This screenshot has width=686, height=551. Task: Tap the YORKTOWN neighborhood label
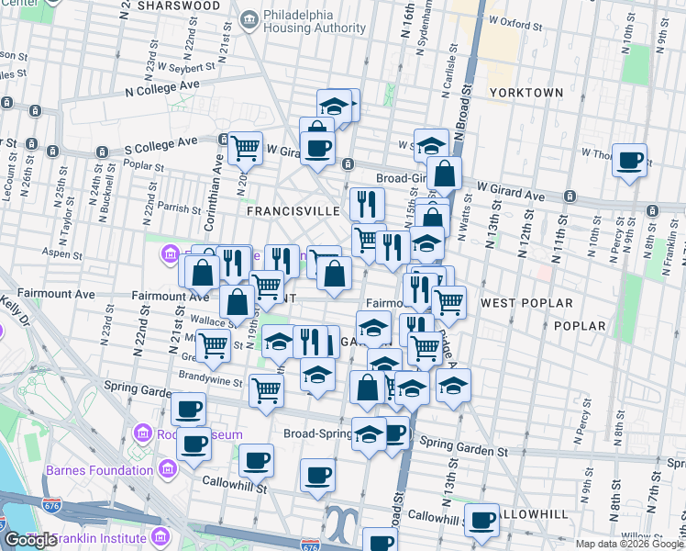pyautogui.click(x=526, y=93)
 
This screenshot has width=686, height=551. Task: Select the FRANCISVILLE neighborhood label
pyautogui.click(x=293, y=210)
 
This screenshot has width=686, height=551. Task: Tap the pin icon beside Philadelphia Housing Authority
pyautogui.click(x=248, y=20)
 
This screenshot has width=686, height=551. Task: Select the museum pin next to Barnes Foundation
pyautogui.click(x=167, y=470)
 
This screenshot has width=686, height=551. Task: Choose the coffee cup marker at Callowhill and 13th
pyautogui.click(x=481, y=519)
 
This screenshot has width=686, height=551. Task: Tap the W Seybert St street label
pyautogui.click(x=185, y=66)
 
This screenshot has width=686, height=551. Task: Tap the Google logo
pyautogui.click(x=30, y=540)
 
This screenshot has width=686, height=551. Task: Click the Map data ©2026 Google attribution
pyautogui.click(x=629, y=544)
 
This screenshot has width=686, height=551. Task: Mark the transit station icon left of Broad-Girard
pyautogui.click(x=348, y=164)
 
